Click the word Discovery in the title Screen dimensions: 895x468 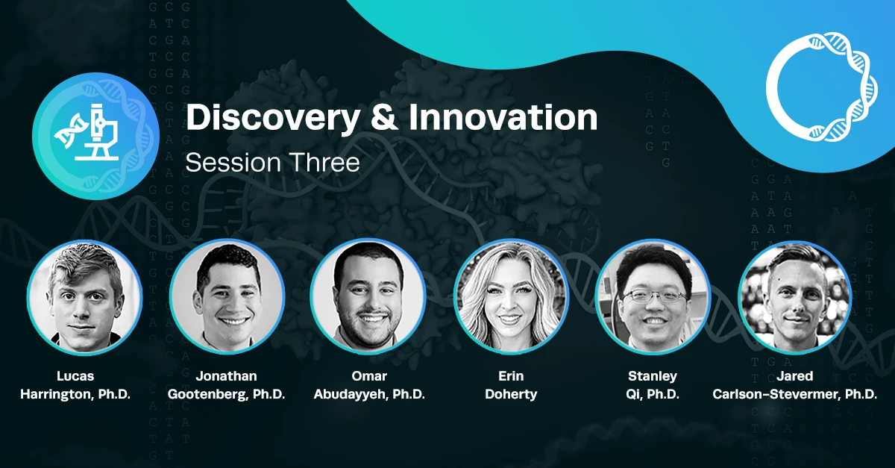click(273, 119)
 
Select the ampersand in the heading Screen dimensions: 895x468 click(384, 117)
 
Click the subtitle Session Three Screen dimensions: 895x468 click(272, 163)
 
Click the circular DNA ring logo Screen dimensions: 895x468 click(822, 87)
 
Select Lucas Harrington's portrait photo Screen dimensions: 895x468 click(84, 297)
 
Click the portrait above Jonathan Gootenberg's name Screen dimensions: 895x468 click(227, 297)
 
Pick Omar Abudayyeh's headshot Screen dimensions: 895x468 click(368, 297)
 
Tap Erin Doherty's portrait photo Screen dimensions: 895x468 click(511, 297)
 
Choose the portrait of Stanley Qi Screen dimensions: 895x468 click(653, 297)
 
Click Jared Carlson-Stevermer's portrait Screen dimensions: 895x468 click(794, 297)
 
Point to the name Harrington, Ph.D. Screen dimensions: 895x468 click(75, 394)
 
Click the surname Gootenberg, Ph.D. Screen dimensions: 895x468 click(227, 394)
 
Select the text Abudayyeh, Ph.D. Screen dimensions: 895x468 click(369, 394)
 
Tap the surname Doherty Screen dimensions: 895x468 click(511, 394)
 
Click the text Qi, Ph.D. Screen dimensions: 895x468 click(653, 394)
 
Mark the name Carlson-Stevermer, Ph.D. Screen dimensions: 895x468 click(795, 394)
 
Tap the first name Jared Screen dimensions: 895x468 click(795, 376)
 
